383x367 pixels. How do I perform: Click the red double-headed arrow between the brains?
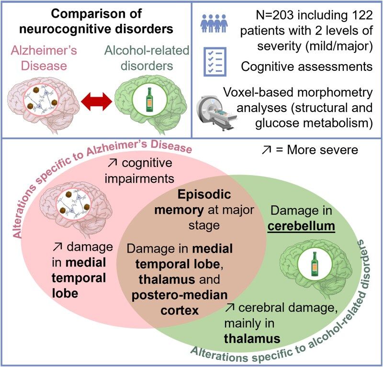97,102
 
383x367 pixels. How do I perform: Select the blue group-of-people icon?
214,23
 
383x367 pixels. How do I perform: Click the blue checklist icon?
215,62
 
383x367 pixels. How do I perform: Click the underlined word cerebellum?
301,226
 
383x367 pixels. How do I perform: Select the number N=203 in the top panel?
275,16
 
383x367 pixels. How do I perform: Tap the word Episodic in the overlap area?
204,195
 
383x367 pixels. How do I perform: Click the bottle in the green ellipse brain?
315,264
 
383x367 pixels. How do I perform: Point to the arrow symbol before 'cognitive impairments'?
113,163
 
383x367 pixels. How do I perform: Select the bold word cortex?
180,311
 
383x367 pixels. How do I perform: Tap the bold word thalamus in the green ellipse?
252,339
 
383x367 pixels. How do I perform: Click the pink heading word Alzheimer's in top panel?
44,51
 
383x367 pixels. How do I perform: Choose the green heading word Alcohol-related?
147,51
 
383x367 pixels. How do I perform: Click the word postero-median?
180,295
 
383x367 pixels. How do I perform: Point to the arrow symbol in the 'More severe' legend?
266,150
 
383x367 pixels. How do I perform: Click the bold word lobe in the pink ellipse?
65,293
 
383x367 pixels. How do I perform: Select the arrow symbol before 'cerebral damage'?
229,307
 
